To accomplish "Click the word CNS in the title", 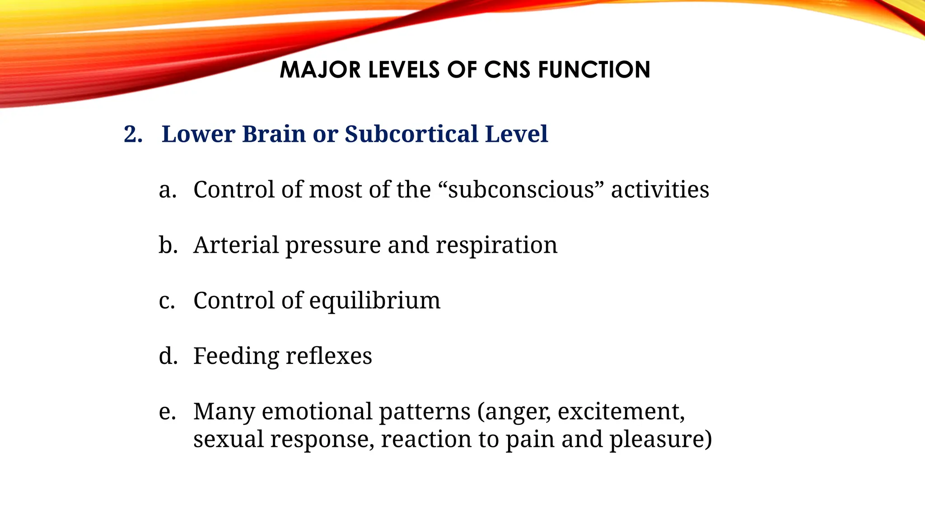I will tap(507, 70).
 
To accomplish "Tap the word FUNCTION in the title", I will tap(594, 70).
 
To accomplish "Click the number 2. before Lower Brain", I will tap(133, 135).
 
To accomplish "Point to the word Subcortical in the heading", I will tap(411, 135).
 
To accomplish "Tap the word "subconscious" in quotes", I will tap(521, 190).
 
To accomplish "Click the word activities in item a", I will tap(660, 190).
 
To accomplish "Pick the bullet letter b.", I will tap(168, 245).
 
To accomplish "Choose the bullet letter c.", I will tap(167, 301).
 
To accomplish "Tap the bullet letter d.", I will tap(168, 356).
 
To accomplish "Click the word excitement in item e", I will tap(621, 412).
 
